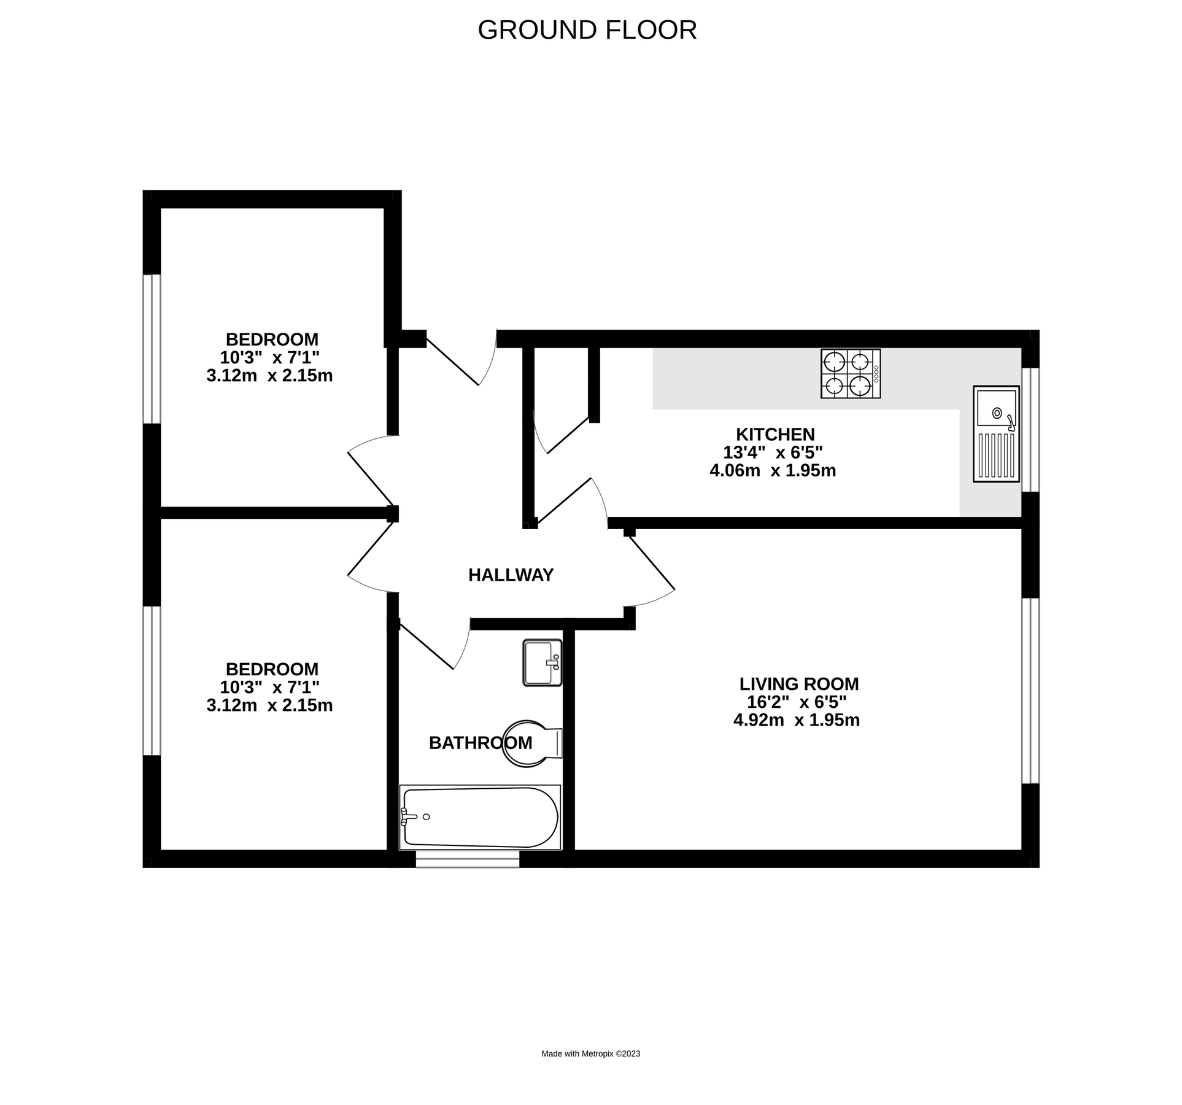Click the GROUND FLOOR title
click(587, 30)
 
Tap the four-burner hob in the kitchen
click(850, 373)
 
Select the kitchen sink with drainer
click(995, 433)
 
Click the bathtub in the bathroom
click(479, 817)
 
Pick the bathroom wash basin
click(541, 662)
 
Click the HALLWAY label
click(511, 575)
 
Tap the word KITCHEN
click(774, 435)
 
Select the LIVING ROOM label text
click(798, 684)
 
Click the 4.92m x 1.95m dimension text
click(796, 720)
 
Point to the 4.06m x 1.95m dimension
click(772, 471)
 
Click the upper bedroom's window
click(152, 349)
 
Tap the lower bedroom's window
click(152, 680)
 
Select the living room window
click(1030, 691)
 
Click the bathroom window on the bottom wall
click(467, 859)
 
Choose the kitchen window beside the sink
click(1030, 430)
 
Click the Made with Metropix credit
click(590, 1053)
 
